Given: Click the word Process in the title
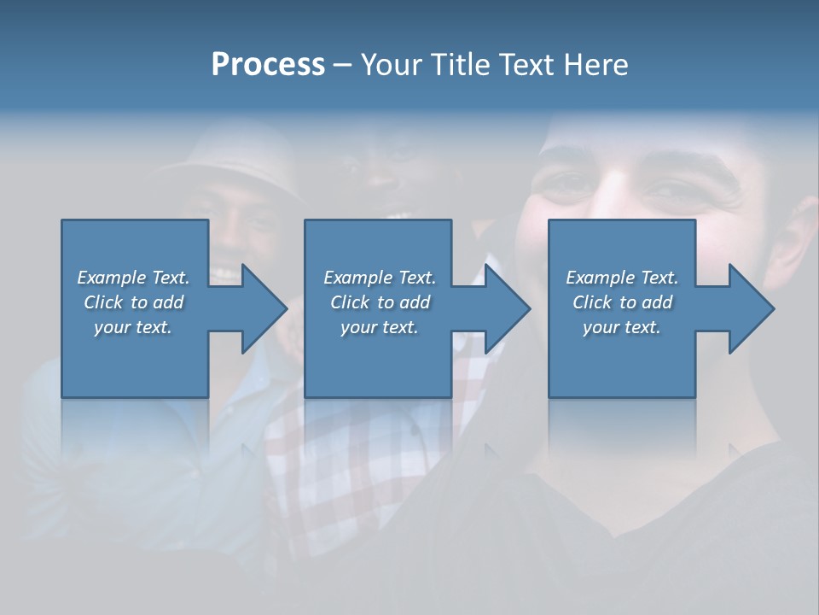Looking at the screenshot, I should point(268,65).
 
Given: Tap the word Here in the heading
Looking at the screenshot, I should point(595,65).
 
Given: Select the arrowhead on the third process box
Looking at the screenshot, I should point(750,308).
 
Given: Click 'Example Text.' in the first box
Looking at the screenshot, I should point(134,278).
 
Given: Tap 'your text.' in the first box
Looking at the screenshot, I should point(134,327).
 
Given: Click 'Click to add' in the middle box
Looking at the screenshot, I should point(380,302).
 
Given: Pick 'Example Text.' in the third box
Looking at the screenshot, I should point(622,278).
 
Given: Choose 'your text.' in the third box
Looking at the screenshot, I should point(622,327).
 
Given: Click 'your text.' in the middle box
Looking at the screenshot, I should point(380,327).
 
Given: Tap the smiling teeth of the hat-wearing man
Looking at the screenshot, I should point(225,274).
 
